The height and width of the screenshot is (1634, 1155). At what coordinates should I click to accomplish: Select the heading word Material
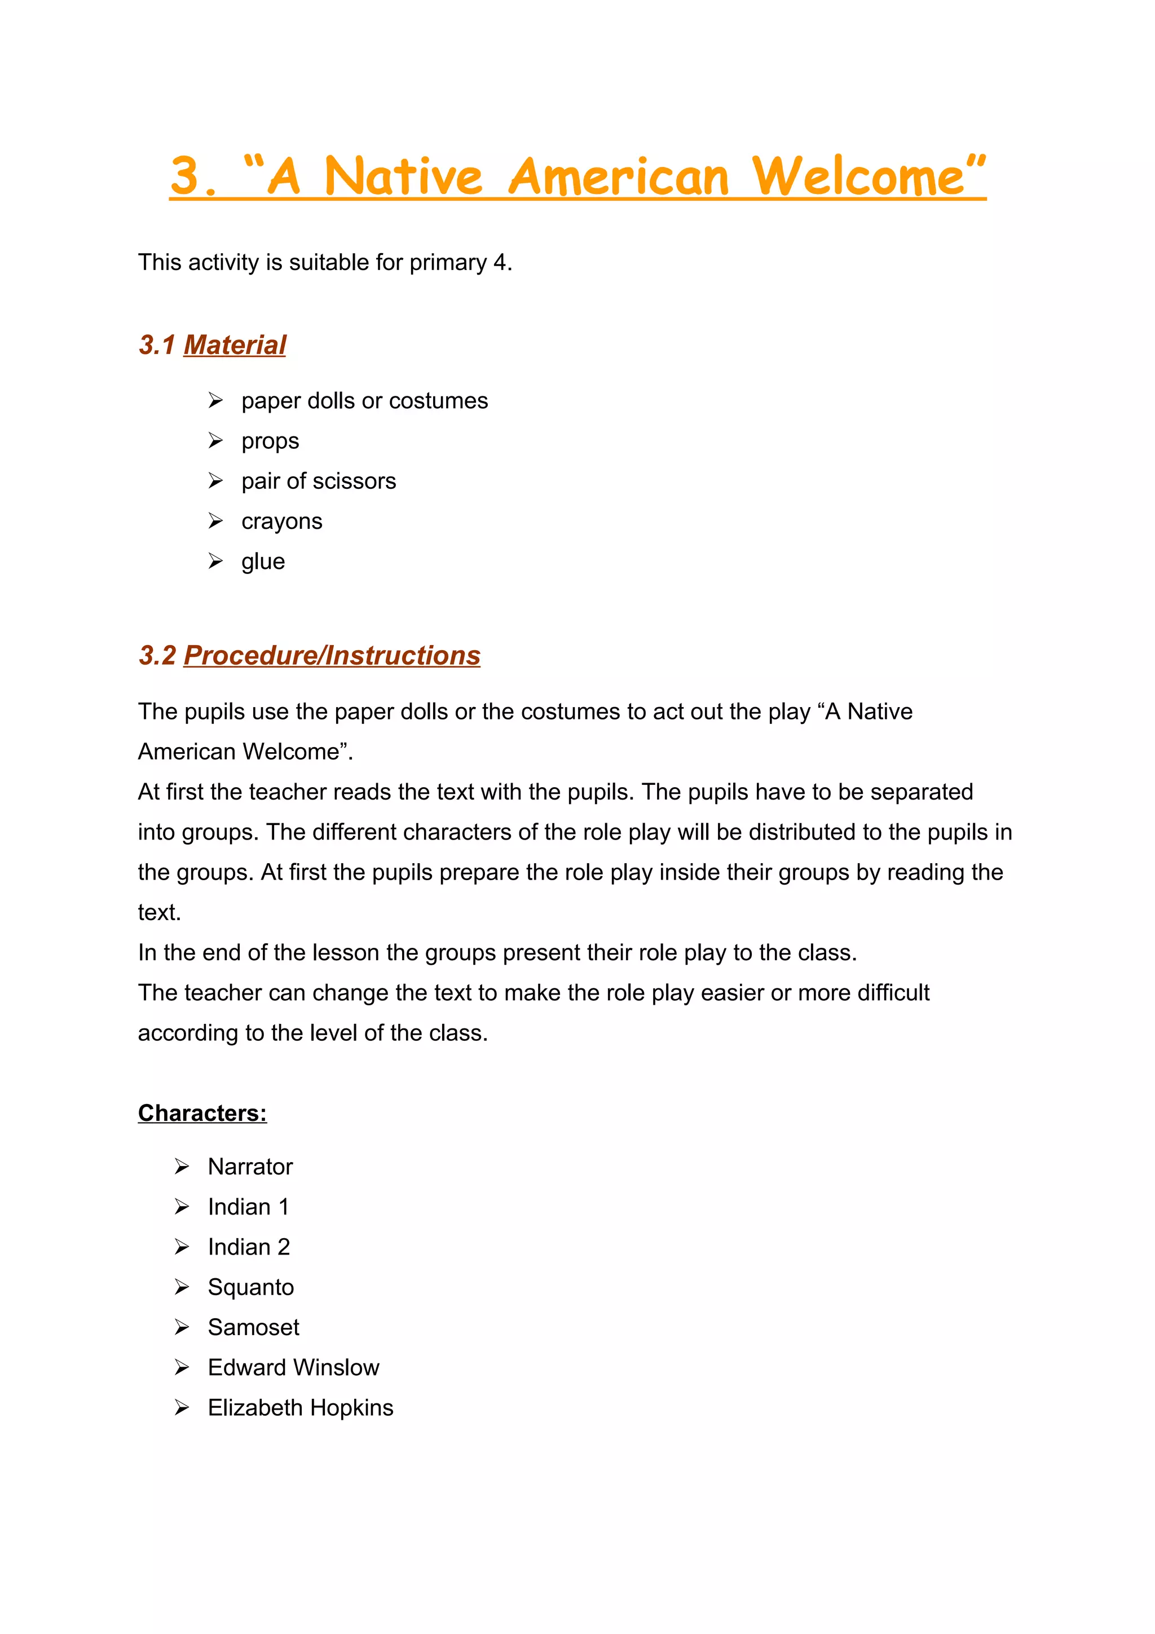(x=234, y=345)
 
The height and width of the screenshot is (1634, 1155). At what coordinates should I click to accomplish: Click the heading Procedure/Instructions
(x=332, y=655)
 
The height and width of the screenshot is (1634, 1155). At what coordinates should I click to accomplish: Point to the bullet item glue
(x=263, y=562)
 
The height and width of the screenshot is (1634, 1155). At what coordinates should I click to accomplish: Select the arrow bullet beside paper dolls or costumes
(x=215, y=401)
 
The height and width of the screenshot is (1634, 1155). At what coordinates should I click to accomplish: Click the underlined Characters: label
(x=202, y=1113)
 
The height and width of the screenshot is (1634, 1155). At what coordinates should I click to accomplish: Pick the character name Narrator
(x=250, y=1167)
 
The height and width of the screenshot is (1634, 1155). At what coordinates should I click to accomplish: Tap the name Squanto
(x=250, y=1287)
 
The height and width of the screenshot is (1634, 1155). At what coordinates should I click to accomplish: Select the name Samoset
(x=253, y=1327)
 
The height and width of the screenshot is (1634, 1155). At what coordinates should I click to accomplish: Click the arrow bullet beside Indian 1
(x=182, y=1207)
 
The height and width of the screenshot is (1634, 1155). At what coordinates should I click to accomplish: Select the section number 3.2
(x=157, y=655)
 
